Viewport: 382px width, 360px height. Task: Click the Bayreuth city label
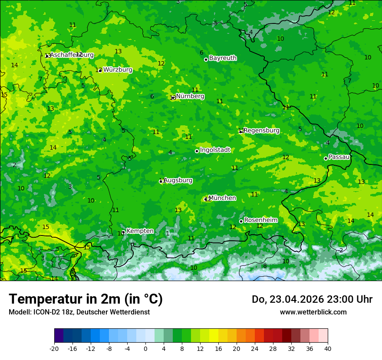pyautogui.click(x=223, y=58)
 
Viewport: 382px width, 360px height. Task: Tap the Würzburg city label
pyautogui.click(x=118, y=70)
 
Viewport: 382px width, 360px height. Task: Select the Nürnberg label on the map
pyautogui.click(x=190, y=96)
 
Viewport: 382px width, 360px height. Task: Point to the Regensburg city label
pyautogui.click(x=261, y=131)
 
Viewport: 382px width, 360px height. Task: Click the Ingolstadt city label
pyautogui.click(x=215, y=150)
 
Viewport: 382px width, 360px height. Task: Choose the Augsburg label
pyautogui.click(x=178, y=180)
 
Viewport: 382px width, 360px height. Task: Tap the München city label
pyautogui.click(x=222, y=198)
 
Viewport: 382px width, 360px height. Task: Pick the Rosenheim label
pyautogui.click(x=260, y=220)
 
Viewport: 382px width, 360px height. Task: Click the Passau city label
pyautogui.click(x=339, y=157)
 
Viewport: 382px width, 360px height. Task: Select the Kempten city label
pyautogui.click(x=140, y=231)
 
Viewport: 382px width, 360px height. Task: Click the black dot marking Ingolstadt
pyautogui.click(x=197, y=151)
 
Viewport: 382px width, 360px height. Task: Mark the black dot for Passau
pyautogui.click(x=326, y=158)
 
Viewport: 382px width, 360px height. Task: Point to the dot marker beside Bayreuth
pyautogui.click(x=206, y=59)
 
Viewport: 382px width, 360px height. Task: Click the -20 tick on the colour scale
pyautogui.click(x=54, y=348)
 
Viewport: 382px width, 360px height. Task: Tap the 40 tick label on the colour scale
pyautogui.click(x=327, y=348)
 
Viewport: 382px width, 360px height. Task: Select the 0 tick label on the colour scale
pyautogui.click(x=145, y=348)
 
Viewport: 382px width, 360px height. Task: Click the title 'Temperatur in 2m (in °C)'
pyautogui.click(x=86, y=299)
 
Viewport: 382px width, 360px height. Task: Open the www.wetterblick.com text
pyautogui.click(x=313, y=312)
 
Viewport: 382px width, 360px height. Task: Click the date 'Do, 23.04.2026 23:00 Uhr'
pyautogui.click(x=312, y=299)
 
